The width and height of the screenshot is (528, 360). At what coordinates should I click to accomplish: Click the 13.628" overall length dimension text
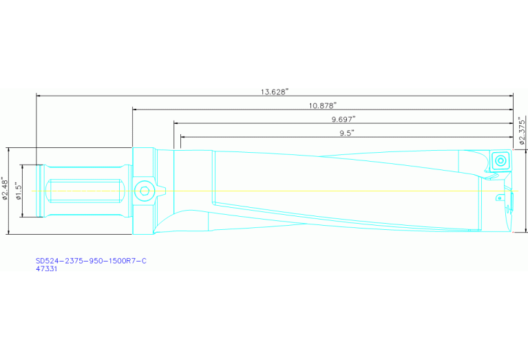pos(275,91)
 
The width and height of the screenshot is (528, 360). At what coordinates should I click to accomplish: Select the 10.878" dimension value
pos(322,105)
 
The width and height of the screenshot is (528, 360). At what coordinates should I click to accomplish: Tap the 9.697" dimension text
pos(343,119)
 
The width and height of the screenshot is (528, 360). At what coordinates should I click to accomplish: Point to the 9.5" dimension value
pos(346,133)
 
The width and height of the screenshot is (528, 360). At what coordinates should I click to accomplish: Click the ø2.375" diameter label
pos(522,131)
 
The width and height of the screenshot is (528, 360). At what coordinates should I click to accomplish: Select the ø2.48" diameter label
pos(6,191)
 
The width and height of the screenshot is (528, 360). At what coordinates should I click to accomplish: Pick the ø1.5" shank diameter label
pos(19,191)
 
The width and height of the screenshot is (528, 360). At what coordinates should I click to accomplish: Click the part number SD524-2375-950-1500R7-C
pos(91,261)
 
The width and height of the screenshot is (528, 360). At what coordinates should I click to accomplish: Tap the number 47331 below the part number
pos(46,269)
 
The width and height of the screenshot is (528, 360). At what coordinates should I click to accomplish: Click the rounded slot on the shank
pos(85,191)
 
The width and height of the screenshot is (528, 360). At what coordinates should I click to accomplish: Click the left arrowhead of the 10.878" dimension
pos(135,109)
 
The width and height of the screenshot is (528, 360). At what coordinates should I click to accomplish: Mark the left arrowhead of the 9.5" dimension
pos(182,137)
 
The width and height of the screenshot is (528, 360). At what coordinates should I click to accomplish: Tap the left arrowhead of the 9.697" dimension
pos(176,123)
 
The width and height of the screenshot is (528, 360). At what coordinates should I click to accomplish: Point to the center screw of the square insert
pos(500,161)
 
